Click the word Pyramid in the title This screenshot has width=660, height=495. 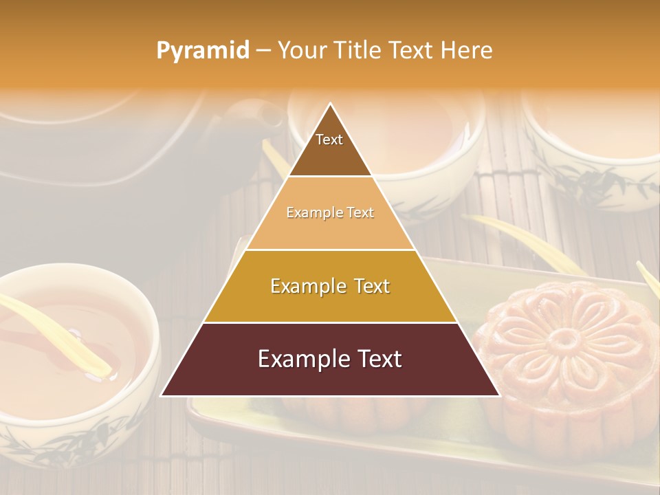pyautogui.click(x=203, y=51)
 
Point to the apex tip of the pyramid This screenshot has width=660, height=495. pyautogui.click(x=331, y=104)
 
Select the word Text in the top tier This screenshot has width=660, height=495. pyautogui.click(x=329, y=140)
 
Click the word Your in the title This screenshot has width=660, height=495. pyautogui.click(x=300, y=51)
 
